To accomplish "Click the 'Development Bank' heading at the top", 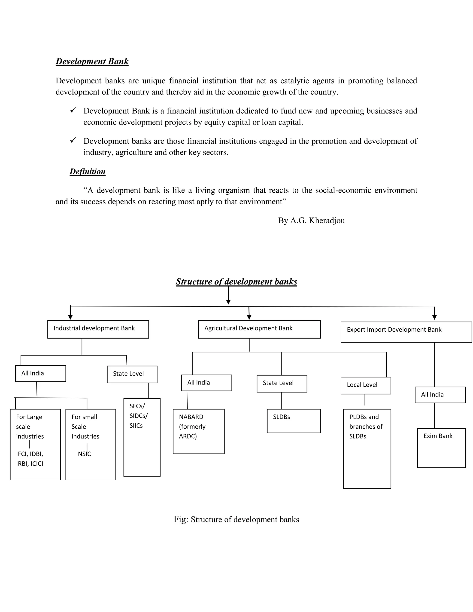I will coord(92,61).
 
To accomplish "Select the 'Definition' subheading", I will coord(88,172).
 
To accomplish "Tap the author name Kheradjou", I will coord(327,221).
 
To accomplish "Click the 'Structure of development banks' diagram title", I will coord(236,282).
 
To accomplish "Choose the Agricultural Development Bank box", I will coord(259,329).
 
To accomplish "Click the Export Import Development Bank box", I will coord(406,332).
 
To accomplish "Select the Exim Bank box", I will coord(441,448).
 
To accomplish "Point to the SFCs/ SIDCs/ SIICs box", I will coord(142,437).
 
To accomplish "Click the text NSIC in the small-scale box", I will coord(84,454).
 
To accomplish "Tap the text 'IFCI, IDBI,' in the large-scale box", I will coord(29,454).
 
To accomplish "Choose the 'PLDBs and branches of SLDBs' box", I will coord(367,448).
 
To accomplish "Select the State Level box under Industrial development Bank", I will coord(132,374).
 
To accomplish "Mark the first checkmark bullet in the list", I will coord(73,110).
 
